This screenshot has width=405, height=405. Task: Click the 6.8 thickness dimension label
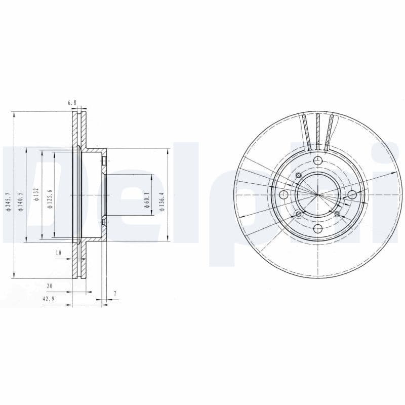tap(72, 103)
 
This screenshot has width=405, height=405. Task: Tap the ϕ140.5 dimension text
tap(20, 201)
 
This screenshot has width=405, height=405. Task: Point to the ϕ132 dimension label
tap(36, 194)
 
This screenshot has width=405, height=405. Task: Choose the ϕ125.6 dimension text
tap(51, 194)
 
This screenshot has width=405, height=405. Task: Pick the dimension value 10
tap(58, 252)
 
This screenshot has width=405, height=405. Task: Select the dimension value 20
tap(49, 286)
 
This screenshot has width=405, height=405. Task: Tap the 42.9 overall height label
tap(48, 299)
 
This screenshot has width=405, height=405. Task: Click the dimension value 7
tap(115, 293)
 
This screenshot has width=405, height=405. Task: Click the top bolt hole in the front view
tap(317, 161)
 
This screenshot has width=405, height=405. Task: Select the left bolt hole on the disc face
tap(283, 195)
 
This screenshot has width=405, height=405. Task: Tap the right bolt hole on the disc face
tap(352, 195)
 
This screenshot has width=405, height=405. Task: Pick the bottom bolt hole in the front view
tap(317, 229)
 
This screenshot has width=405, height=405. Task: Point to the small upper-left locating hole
tap(298, 175)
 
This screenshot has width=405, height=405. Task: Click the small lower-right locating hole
tap(337, 214)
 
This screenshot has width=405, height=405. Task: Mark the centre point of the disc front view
tap(317, 195)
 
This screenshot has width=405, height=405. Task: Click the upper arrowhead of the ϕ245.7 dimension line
tap(15, 114)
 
